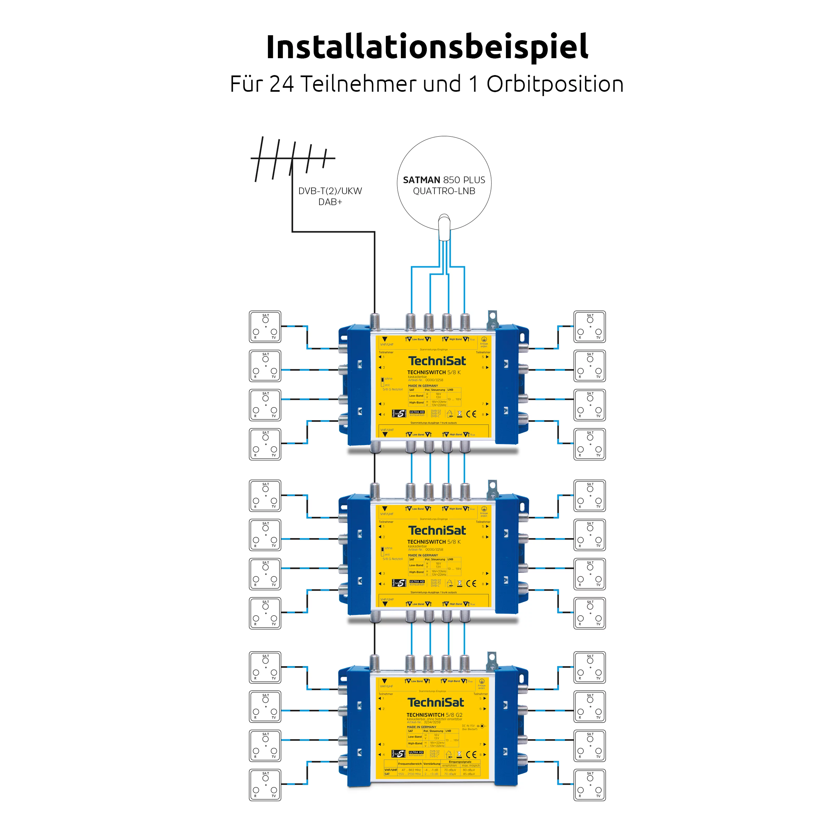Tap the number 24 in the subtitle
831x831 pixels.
click(282, 84)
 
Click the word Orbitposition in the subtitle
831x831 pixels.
click(555, 84)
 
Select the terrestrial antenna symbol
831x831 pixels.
click(292, 158)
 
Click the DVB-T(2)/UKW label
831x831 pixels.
click(330, 191)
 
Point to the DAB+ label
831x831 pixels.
click(330, 202)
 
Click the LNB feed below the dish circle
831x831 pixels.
click(444, 228)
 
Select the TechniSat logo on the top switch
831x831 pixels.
click(437, 361)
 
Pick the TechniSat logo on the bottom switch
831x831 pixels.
click(436, 702)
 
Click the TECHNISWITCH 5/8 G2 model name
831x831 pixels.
click(434, 715)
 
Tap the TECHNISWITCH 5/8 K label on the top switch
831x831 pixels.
click(434, 372)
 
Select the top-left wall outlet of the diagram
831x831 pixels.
click(265, 327)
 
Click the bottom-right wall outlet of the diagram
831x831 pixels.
click(590, 785)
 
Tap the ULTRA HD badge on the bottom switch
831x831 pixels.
click(416, 752)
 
